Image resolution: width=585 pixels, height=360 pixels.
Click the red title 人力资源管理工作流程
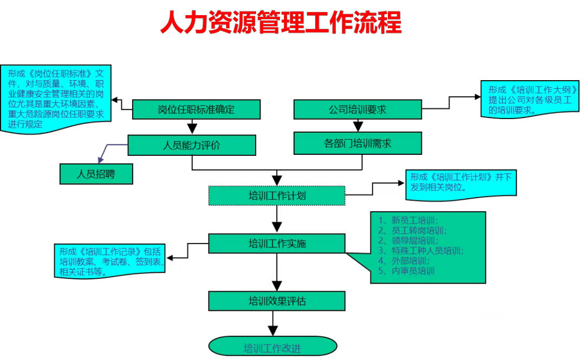pos(281,23)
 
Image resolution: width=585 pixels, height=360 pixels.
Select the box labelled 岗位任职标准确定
pos(196,109)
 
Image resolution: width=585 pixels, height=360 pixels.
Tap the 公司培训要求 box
pos(357,109)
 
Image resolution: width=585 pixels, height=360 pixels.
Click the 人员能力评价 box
pos(192,145)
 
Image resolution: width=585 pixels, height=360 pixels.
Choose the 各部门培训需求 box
pos(357,144)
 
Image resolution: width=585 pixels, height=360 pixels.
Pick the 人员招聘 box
pos(96,174)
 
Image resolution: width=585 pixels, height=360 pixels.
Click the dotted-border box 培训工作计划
pos(277,195)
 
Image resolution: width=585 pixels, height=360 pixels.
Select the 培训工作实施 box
pos(277,243)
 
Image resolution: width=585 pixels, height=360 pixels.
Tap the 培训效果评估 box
pos(277,300)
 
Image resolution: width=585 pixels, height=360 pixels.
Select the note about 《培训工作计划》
pos(460,182)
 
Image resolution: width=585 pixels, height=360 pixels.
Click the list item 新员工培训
pos(415,220)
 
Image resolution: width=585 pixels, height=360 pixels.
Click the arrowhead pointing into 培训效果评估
pos(277,286)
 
